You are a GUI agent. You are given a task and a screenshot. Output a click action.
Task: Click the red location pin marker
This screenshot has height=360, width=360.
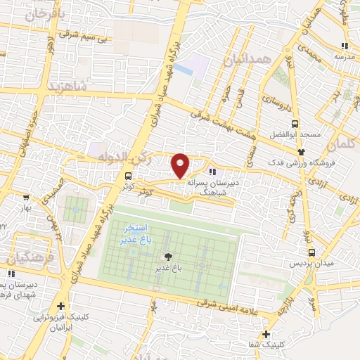pos(181,165)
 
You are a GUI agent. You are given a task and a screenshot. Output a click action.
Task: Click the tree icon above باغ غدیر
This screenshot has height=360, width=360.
pos(167,257)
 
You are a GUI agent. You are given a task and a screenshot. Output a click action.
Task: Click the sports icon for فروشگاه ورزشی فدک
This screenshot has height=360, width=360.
pos(302,151)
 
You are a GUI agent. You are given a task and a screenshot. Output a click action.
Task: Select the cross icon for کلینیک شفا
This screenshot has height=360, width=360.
pos(266,334)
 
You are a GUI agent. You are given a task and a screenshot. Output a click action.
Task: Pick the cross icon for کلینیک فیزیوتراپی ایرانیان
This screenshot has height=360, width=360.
pos(61,307)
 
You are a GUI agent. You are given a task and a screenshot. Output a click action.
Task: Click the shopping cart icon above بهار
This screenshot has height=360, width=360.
pos(26,198)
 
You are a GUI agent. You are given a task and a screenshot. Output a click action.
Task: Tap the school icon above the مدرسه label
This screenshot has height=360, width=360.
pos(343,46)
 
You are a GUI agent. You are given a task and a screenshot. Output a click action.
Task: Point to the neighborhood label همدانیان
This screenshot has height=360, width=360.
pos(246,61)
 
